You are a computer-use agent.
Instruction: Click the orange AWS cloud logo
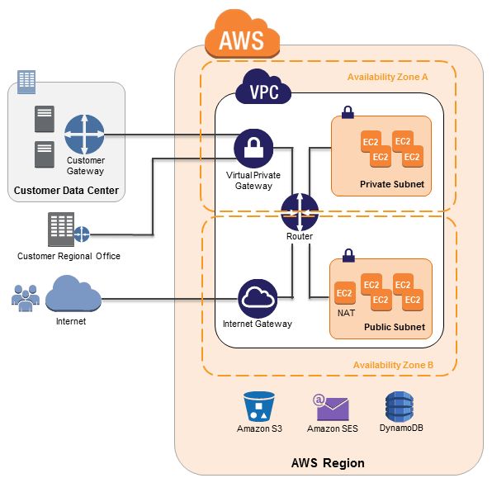(242, 35)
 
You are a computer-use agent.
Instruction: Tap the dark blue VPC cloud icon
(263, 87)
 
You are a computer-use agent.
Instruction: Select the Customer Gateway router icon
(84, 135)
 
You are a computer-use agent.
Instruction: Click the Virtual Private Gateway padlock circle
(253, 148)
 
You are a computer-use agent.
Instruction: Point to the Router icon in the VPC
(300, 212)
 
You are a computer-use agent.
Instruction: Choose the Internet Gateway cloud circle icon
(258, 299)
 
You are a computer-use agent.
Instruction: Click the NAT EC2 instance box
(345, 293)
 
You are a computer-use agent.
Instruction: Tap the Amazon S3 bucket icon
(259, 406)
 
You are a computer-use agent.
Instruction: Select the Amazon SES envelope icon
(331, 407)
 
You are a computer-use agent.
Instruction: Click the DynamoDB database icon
(400, 406)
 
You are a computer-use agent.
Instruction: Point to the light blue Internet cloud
(73, 294)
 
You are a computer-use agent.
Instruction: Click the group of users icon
(26, 298)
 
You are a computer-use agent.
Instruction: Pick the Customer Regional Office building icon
(69, 230)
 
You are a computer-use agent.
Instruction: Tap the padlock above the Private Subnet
(348, 112)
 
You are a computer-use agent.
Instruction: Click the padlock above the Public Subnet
(348, 255)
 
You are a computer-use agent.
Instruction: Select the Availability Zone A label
(387, 77)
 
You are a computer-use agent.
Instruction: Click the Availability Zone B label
(393, 365)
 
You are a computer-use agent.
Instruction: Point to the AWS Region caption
(328, 463)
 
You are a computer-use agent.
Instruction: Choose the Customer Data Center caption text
(66, 190)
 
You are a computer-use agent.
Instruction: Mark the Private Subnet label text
(392, 184)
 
